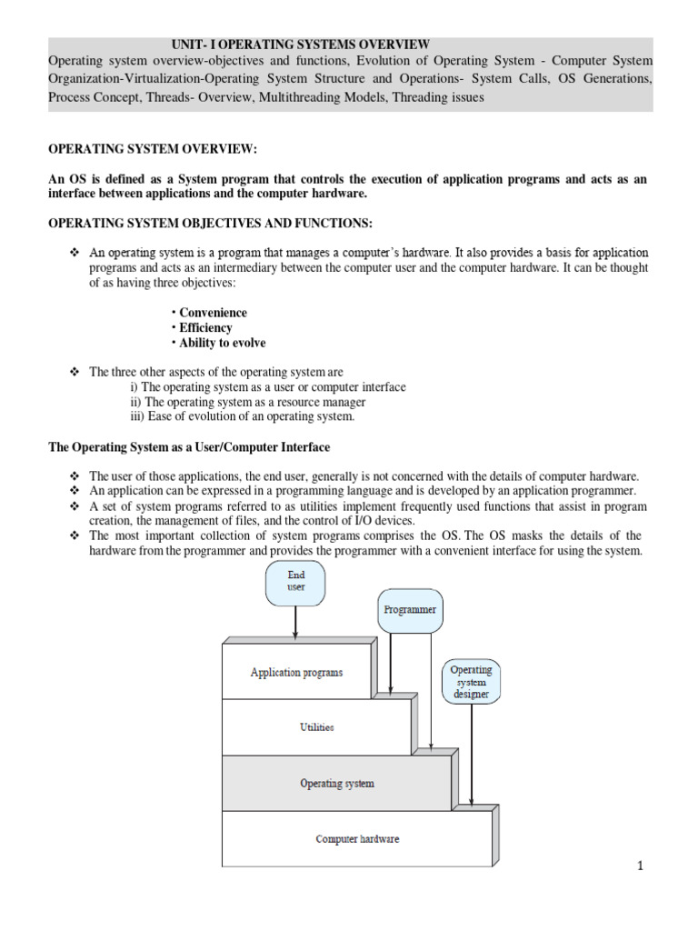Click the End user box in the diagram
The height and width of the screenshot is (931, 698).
(296, 582)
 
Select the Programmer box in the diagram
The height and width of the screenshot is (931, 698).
(410, 610)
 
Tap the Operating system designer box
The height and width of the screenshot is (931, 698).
(471, 682)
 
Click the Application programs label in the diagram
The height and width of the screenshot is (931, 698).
(297, 673)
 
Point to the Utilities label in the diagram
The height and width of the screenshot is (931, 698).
(317, 727)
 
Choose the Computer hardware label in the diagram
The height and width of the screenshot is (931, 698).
(357, 838)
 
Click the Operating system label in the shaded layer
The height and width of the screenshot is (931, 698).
(336, 783)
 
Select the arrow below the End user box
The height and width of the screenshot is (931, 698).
(296, 623)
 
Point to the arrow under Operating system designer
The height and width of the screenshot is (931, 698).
(471, 755)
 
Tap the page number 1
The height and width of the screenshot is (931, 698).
(641, 866)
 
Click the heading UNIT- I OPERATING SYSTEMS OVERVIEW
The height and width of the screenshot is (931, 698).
(301, 45)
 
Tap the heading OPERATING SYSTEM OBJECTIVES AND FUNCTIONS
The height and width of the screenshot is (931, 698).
(210, 224)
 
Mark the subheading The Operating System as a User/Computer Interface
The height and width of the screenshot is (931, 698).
(189, 447)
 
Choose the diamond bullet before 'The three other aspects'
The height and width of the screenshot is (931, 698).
(75, 373)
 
